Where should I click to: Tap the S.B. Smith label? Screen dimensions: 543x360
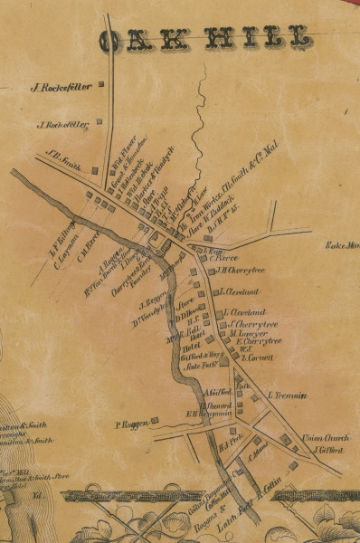pyautogui.click(x=64, y=155)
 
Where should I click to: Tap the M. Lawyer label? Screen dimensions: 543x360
pyautogui.click(x=245, y=333)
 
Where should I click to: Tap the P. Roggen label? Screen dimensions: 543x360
pyautogui.click(x=131, y=424)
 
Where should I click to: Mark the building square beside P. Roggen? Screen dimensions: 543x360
pyautogui.click(x=154, y=420)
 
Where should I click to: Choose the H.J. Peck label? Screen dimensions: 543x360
pyautogui.click(x=232, y=443)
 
